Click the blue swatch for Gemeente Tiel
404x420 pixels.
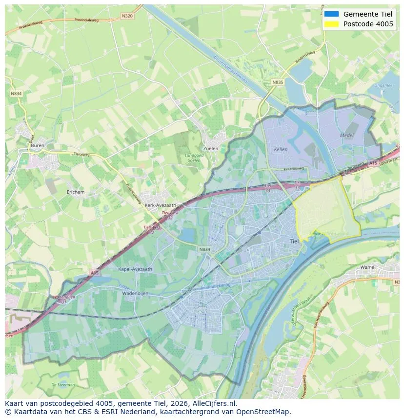[x=331, y=14]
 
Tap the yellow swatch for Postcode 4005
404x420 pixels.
[x=331, y=24]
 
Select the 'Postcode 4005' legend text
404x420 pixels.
[x=368, y=24]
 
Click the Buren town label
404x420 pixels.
[x=37, y=145]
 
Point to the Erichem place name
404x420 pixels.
[x=76, y=192]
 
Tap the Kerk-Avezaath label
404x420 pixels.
[x=161, y=205]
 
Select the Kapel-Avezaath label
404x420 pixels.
[x=135, y=269]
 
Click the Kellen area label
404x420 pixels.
[x=281, y=149]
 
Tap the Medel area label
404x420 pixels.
[x=347, y=135]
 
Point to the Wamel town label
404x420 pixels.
[x=367, y=267]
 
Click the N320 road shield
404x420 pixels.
[x=127, y=16]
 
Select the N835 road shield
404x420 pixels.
[x=278, y=82]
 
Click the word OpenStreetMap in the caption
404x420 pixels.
[x=265, y=412]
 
